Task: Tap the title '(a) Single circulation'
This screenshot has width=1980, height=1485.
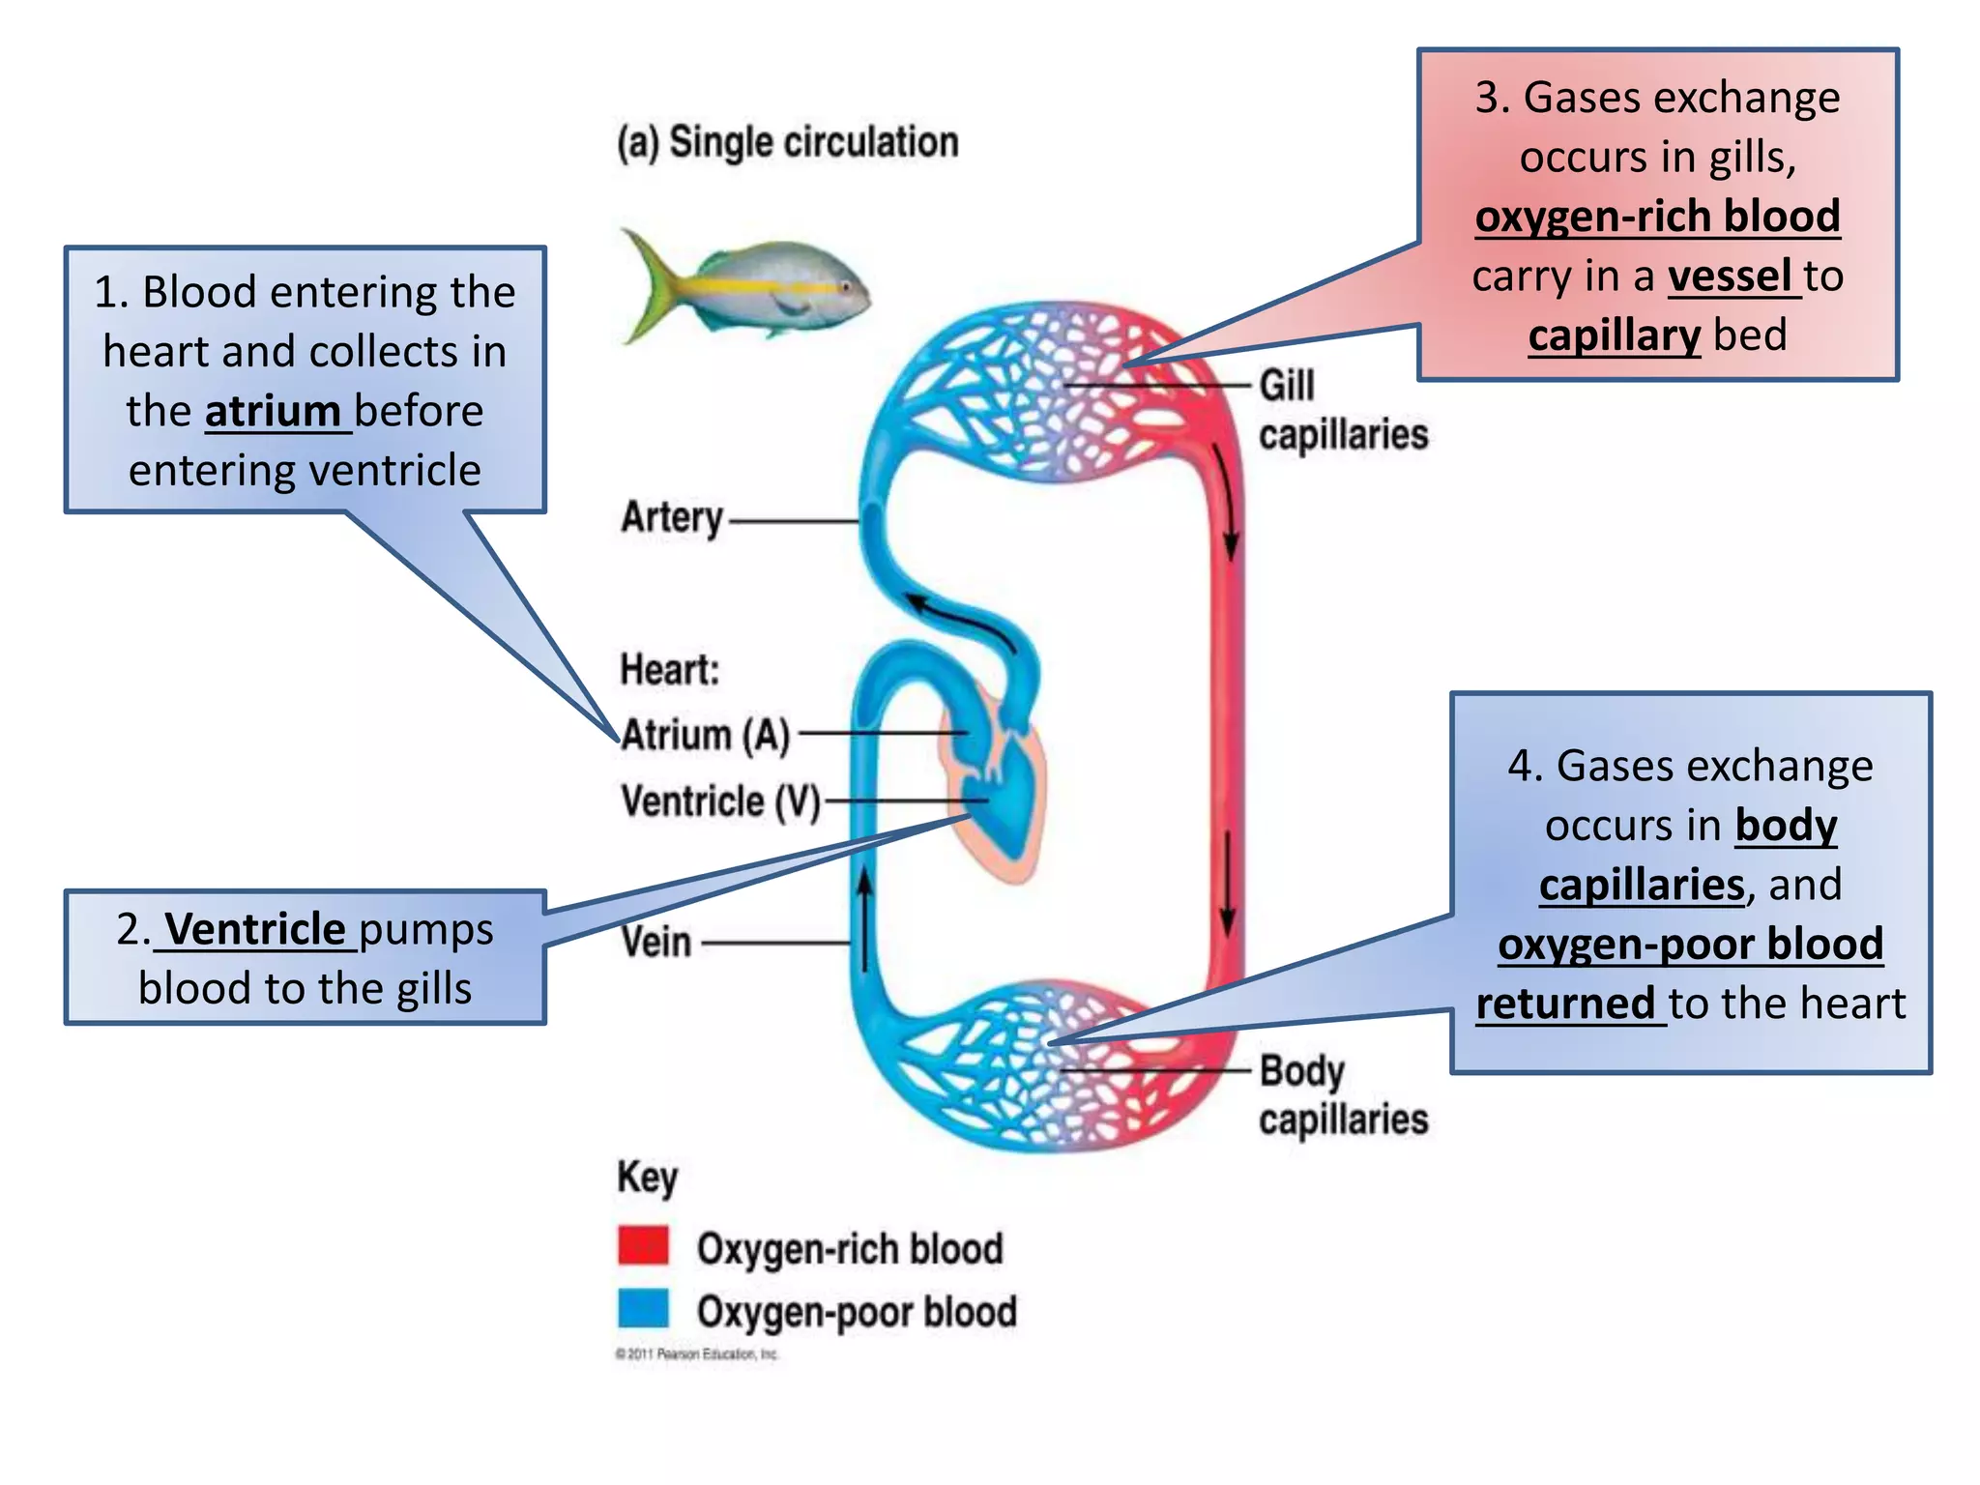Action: point(788,142)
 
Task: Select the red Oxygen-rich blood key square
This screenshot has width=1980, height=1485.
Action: point(643,1245)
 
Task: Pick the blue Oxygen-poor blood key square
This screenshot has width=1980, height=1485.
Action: point(643,1309)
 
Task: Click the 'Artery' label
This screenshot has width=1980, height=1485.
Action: point(672,517)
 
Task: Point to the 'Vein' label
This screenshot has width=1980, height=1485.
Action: point(656,942)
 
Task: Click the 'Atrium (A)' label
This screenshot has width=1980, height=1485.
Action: point(706,735)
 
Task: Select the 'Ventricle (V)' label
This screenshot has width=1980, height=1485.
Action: point(720,801)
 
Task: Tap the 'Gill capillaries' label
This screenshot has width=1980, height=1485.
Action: point(1342,410)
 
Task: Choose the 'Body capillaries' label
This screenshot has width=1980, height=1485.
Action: point(1342,1094)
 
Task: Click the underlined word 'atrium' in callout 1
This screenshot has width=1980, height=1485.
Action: point(273,411)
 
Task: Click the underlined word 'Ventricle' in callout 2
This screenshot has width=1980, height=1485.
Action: point(255,929)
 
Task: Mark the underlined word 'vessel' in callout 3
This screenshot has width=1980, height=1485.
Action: point(1730,276)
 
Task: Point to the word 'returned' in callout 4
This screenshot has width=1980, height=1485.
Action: point(1565,1004)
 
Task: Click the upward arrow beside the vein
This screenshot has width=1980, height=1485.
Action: point(865,918)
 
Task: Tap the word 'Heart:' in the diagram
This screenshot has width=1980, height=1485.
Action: point(669,669)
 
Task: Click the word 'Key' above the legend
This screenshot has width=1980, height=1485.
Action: point(647,1178)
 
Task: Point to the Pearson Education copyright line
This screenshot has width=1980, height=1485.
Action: point(696,1354)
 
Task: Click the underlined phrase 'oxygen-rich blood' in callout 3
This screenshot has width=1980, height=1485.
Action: point(1657,216)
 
